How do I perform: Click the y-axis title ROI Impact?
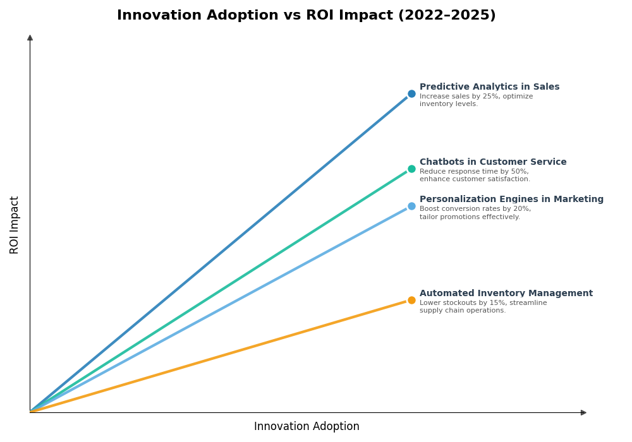(x=15, y=225)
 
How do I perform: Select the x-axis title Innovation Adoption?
(x=307, y=427)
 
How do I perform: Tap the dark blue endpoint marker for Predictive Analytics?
(x=411, y=94)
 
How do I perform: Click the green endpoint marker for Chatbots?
(x=411, y=169)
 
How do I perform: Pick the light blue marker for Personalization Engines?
(x=411, y=206)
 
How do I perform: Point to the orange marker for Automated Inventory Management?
(x=411, y=301)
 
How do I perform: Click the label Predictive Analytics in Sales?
(x=489, y=87)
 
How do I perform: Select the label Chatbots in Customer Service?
(x=493, y=162)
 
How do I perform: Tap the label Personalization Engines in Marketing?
(x=511, y=200)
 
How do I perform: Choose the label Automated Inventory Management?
(x=506, y=294)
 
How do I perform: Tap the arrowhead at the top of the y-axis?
(x=30, y=38)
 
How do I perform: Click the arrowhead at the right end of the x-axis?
(x=583, y=413)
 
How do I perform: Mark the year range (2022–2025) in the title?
(x=446, y=16)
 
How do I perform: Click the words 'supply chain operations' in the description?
(x=463, y=311)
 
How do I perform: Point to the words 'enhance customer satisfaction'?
(x=475, y=179)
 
